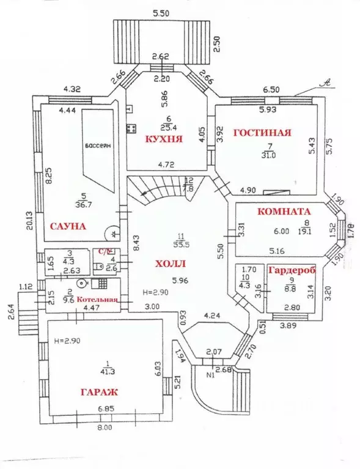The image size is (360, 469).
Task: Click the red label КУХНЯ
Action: coord(163,139)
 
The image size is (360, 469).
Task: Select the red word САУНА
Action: coord(67,226)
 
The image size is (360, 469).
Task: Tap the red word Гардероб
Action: coord(290,270)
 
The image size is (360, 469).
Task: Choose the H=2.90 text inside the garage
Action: coord(67,339)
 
